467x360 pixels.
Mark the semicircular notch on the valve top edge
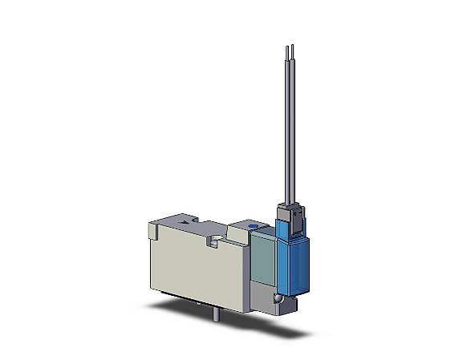(216, 240)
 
